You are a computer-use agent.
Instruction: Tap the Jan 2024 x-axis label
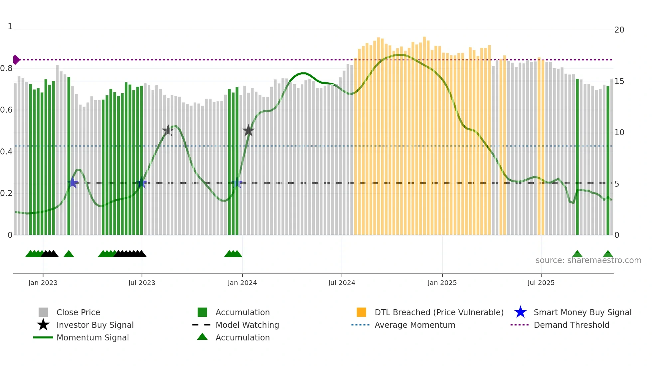pos(242,283)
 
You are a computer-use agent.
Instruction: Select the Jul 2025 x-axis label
pos(541,283)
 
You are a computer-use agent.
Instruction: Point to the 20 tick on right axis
pos(619,30)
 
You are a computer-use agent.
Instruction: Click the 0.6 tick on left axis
pos(7,110)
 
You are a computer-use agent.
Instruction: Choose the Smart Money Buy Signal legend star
pos(520,312)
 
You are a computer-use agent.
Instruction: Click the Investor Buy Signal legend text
pos(95,325)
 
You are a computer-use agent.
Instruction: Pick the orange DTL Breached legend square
pos(361,312)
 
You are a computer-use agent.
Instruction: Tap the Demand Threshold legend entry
pos(571,325)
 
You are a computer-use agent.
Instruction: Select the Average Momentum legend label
pos(415,325)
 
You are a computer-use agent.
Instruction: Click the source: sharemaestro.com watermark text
pos(588,260)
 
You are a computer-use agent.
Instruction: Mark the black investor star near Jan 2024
pos(248,131)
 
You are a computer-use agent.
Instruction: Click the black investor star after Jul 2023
pos(168,130)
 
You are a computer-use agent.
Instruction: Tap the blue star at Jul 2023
pos(141,183)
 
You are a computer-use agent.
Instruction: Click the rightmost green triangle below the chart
pos(608,254)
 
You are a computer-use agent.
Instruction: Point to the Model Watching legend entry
pos(247,325)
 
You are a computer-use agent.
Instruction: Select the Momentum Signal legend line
pos(43,337)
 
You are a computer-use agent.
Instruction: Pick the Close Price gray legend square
pos(43,312)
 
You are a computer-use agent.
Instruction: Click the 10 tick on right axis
pos(619,133)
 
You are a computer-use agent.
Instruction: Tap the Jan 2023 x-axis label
pos(43,283)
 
